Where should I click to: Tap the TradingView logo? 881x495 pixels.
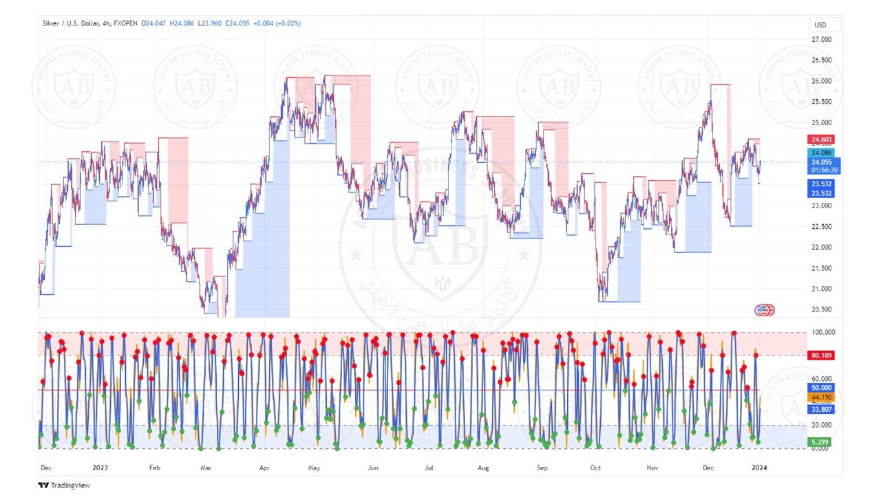[x=64, y=485]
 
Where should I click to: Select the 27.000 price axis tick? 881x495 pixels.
[x=822, y=39]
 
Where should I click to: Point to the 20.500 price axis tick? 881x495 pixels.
[x=822, y=309]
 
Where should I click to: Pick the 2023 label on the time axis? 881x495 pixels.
[x=100, y=467]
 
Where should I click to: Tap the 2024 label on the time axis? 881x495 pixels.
[x=759, y=467]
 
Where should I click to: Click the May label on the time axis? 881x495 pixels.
[x=314, y=467]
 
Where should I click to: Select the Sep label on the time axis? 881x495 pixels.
[x=542, y=467]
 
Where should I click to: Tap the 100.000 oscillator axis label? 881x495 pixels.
[x=822, y=332]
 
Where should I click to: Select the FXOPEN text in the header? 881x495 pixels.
[x=125, y=23]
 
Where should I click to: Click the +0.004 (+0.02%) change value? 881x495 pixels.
[x=277, y=23]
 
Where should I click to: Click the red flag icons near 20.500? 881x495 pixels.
[x=764, y=310]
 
